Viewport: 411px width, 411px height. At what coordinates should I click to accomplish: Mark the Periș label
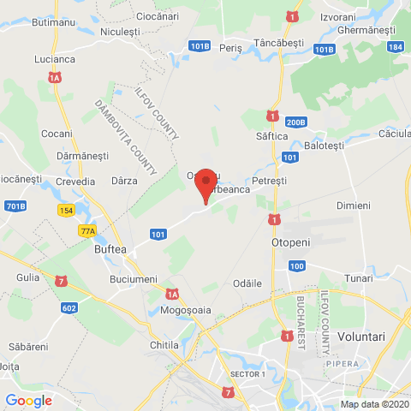coord(231,49)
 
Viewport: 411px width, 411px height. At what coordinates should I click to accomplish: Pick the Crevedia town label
coord(75,181)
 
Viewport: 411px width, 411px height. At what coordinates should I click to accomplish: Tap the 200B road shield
coord(295,122)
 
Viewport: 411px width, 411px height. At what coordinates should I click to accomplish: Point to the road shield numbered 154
coord(67,211)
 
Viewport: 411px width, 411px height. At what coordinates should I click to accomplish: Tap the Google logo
coord(28,400)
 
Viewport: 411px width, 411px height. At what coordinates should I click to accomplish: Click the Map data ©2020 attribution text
coord(373,404)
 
